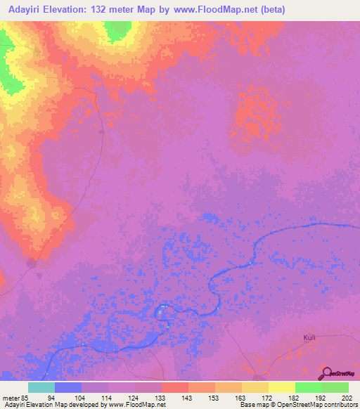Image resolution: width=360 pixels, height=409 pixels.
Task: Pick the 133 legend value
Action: click(x=161, y=397)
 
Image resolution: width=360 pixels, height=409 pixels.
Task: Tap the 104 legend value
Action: click(x=80, y=397)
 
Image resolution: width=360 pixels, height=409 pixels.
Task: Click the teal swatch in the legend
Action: click(x=41, y=387)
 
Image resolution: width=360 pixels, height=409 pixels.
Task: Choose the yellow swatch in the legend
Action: click(x=281, y=387)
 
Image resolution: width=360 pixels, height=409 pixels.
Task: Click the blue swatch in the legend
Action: click(x=67, y=387)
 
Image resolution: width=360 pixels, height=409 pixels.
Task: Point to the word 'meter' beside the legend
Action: click(x=11, y=397)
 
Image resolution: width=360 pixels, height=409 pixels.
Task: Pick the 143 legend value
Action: click(x=188, y=397)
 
